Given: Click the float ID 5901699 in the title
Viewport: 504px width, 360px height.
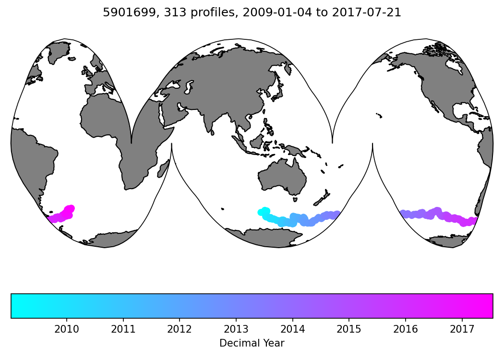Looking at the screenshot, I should point(122,13).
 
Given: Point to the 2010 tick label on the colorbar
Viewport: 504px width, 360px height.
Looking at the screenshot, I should point(66,329).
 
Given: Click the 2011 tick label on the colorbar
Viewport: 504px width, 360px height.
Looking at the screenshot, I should point(123,329).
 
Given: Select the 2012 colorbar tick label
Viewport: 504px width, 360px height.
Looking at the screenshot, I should point(180,329).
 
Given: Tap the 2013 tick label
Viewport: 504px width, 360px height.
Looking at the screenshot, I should point(236,329).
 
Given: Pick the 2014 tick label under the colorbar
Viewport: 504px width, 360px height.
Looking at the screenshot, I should point(292,329).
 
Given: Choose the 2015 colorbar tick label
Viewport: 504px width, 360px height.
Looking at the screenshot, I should point(349,329).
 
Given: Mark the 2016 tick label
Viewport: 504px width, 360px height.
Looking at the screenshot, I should point(406,329).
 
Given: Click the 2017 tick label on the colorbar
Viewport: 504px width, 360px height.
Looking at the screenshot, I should point(462,329).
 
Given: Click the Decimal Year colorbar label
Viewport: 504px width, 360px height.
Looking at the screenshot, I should point(252,343).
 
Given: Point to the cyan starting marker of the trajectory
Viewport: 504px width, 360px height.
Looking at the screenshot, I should point(262,212).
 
